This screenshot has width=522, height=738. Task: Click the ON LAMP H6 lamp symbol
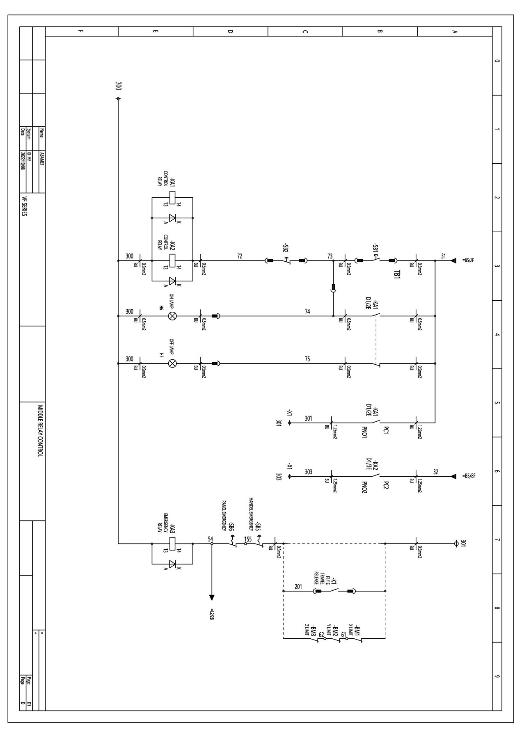(x=173, y=316)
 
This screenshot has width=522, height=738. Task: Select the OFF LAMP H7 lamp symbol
(x=173, y=363)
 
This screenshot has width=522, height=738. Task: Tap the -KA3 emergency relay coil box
(x=173, y=544)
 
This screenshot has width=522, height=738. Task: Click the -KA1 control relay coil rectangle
(x=173, y=198)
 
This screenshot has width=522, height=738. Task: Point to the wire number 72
(x=240, y=256)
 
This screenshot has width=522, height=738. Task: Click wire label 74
(x=307, y=312)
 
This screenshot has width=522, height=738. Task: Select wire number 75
(x=307, y=359)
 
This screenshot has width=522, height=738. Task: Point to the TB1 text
(x=397, y=274)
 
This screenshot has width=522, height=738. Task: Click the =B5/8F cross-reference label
(x=469, y=476)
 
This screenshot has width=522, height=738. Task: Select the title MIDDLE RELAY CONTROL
(x=40, y=431)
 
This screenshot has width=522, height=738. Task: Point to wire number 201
(x=298, y=587)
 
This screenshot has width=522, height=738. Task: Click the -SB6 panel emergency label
(x=231, y=527)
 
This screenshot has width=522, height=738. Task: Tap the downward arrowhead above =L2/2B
(x=212, y=597)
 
